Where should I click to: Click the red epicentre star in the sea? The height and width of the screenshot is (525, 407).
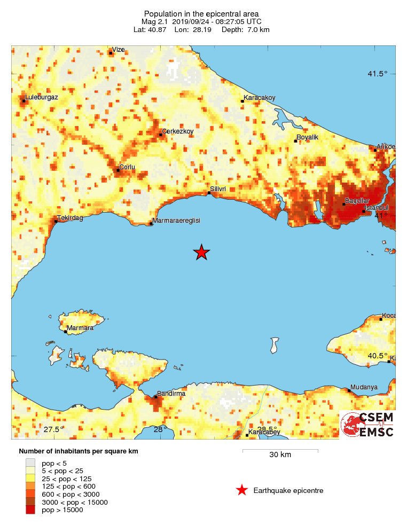pyautogui.click(x=201, y=252)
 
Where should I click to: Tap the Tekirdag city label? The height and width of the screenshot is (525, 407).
pyautogui.click(x=71, y=217)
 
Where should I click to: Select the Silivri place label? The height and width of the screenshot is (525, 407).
pyautogui.click(x=218, y=189)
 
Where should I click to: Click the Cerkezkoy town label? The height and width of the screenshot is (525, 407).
pyautogui.click(x=177, y=131)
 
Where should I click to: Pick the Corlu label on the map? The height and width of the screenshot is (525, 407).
pyautogui.click(x=127, y=167)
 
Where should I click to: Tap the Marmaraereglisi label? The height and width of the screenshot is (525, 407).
pyautogui.click(x=176, y=221)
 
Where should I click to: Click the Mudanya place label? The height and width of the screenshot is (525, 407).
pyautogui.click(x=364, y=387)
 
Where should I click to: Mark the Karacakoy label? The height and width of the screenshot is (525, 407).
pyautogui.click(x=260, y=98)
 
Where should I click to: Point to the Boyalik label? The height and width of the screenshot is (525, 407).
pyautogui.click(x=307, y=137)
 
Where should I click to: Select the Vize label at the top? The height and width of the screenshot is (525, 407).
pyautogui.click(x=118, y=50)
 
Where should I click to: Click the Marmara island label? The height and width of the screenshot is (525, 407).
pyautogui.click(x=80, y=328)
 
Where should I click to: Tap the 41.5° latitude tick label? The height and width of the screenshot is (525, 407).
pyautogui.click(x=377, y=74)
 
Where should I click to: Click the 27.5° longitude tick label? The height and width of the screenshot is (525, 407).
pyautogui.click(x=54, y=430)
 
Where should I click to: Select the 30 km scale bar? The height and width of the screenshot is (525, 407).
pyautogui.click(x=280, y=452)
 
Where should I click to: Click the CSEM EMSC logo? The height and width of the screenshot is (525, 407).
pyautogui.click(x=367, y=425)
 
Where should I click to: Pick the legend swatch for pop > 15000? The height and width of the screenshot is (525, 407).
pyautogui.click(x=30, y=510)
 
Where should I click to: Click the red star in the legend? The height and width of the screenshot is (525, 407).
pyautogui.click(x=242, y=490)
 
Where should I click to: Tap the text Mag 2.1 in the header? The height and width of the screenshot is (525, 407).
pyautogui.click(x=155, y=21)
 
